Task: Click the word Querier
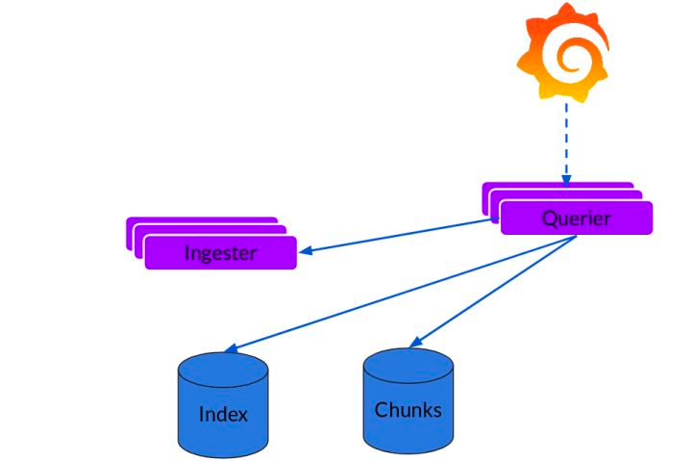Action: click(x=576, y=218)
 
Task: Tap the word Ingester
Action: click(x=220, y=253)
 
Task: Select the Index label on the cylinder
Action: click(x=223, y=415)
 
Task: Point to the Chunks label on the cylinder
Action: click(x=408, y=410)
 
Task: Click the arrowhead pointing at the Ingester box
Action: click(x=306, y=251)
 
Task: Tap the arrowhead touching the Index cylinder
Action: click(x=229, y=348)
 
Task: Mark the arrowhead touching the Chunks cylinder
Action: click(x=415, y=343)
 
